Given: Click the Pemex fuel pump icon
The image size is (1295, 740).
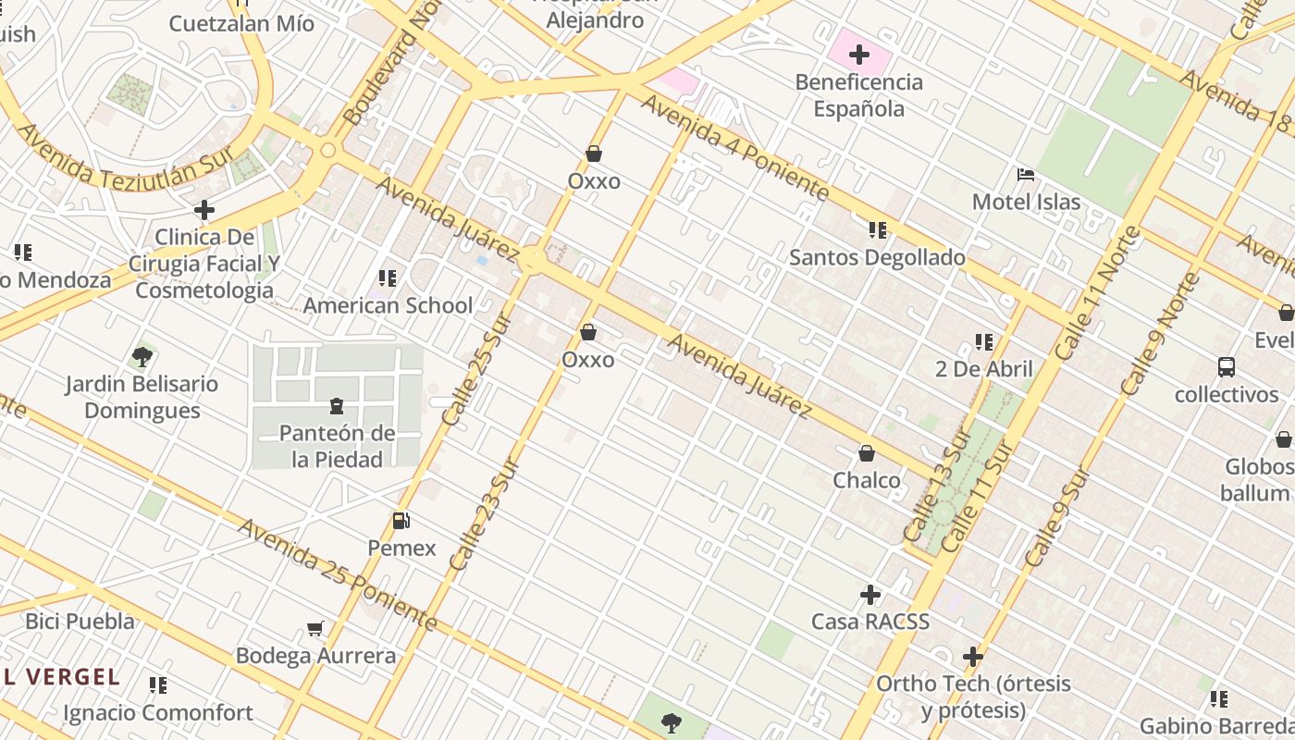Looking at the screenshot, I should coord(401,521).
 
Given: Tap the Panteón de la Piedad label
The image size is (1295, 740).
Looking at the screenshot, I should coord(337,446).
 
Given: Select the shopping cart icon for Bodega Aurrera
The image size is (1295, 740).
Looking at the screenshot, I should coord(315,629).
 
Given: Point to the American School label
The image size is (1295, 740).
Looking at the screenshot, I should coord(388,305).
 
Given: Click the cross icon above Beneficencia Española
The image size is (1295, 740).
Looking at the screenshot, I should coord(859,55).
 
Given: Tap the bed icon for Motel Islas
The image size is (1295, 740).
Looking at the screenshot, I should coord(1025,174).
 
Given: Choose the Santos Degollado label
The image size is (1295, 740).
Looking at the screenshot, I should coord(877,257).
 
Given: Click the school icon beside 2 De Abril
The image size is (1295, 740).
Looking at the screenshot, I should coord(983,342).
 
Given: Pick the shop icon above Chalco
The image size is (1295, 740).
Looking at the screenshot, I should coord(867,453).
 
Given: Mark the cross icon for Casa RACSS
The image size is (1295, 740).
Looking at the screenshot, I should coord(870,594).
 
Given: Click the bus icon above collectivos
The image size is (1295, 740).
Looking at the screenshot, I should coord(1227,367).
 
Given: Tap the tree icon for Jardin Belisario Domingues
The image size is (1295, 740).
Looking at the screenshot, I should coord(142,356).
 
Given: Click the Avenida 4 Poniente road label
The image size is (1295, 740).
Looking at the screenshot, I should coord(734,148).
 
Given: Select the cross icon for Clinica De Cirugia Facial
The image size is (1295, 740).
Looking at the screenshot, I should coord(204,210).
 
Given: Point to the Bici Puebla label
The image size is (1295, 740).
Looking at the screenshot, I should coord(80,621).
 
